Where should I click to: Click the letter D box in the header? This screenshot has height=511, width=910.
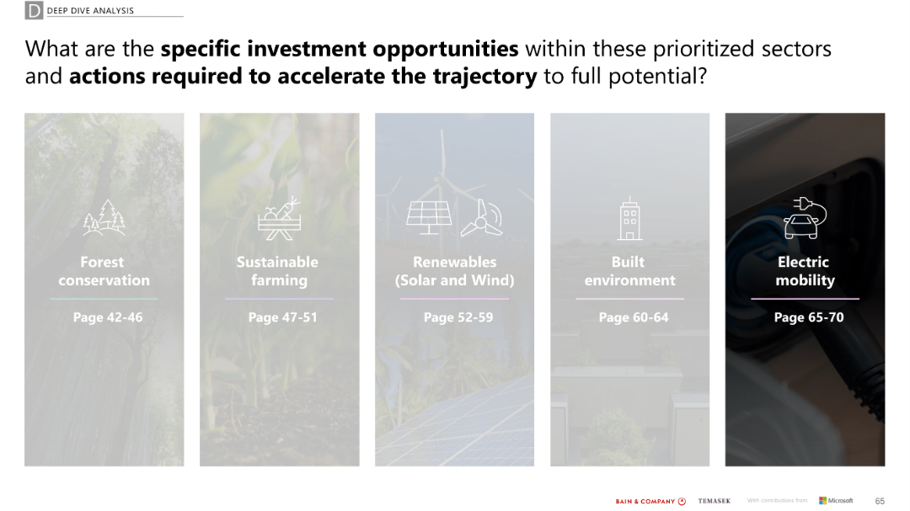click(34, 11)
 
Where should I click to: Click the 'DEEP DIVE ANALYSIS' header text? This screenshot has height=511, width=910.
click(90, 11)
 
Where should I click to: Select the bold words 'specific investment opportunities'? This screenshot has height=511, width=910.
click(340, 49)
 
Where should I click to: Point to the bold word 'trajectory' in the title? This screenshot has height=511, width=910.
click(484, 77)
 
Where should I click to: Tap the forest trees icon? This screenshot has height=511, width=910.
click(104, 218)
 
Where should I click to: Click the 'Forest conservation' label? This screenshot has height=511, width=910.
click(104, 271)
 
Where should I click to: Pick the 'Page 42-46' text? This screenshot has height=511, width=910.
click(108, 317)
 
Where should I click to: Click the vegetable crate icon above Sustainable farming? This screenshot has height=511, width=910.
click(279, 218)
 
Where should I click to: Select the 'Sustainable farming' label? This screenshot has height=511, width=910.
click(278, 271)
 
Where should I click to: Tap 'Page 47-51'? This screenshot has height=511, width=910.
click(282, 317)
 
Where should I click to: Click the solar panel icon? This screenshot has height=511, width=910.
click(429, 217)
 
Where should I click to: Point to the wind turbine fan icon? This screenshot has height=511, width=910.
click(482, 218)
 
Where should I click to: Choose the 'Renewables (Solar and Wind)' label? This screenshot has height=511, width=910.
click(454, 271)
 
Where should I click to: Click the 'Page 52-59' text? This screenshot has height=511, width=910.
click(458, 317)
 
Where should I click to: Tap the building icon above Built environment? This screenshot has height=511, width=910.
click(629, 219)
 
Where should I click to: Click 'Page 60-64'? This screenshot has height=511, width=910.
click(633, 317)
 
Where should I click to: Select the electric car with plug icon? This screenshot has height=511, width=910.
click(805, 218)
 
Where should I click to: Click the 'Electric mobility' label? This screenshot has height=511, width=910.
click(804, 271)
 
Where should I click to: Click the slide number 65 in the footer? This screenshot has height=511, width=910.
click(880, 501)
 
